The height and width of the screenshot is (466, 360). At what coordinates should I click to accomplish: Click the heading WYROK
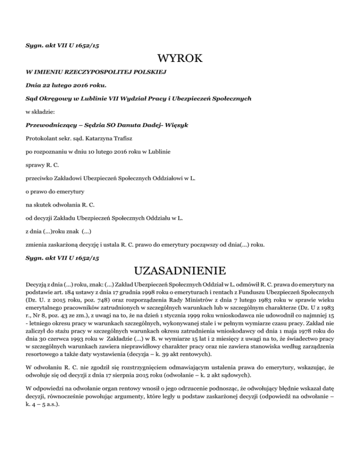pos(180,60)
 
